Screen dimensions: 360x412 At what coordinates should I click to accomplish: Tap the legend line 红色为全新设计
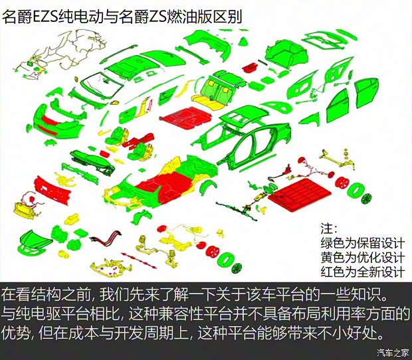point(362,272)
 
